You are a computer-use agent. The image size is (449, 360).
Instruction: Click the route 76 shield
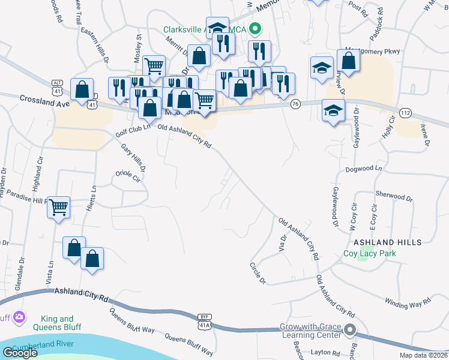[x=295, y=104]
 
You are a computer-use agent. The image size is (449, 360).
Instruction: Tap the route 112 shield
[x=406, y=113]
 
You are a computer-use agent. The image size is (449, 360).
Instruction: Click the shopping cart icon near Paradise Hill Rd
[x=59, y=208]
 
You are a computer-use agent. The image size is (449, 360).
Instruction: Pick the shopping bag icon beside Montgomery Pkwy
[x=348, y=61]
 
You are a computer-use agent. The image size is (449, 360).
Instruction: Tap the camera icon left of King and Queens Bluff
[x=19, y=316]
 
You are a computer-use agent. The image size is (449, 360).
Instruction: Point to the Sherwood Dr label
[x=393, y=196]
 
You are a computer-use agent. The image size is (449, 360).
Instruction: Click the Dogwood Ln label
[x=363, y=170]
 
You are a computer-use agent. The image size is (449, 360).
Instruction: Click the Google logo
[x=20, y=353]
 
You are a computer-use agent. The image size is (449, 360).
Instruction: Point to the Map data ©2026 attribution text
[x=422, y=355]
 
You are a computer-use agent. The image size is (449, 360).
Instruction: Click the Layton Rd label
[x=326, y=353]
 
